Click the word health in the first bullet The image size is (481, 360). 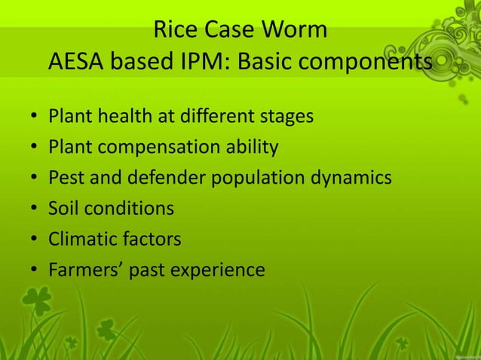point(119,117)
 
